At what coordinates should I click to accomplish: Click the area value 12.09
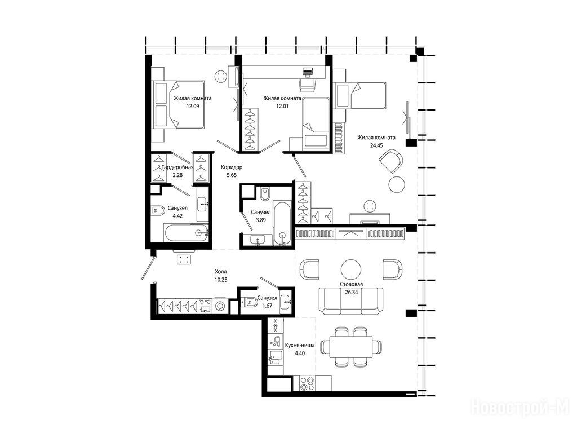point(193,107)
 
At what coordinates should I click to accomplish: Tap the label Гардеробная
point(177,167)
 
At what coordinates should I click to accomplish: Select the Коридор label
point(232,167)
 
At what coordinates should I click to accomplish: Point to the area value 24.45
point(376,145)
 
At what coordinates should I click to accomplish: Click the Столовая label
point(352,284)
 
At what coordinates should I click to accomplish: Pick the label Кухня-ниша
point(300,346)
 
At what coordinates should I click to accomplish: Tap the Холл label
point(221,272)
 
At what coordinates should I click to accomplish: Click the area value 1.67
point(267,305)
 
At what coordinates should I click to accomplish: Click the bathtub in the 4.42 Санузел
point(186,233)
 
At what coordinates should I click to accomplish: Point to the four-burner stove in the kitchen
point(307,383)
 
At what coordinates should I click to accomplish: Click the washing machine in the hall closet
point(220,306)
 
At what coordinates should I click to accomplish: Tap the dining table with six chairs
point(350,347)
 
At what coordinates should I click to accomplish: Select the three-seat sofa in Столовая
point(350,301)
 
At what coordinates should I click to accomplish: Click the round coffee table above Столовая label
point(350,269)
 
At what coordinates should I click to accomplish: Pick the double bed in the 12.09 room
point(179,104)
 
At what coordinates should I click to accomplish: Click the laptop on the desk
point(307,72)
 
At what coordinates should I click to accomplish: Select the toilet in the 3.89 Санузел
point(265,194)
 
